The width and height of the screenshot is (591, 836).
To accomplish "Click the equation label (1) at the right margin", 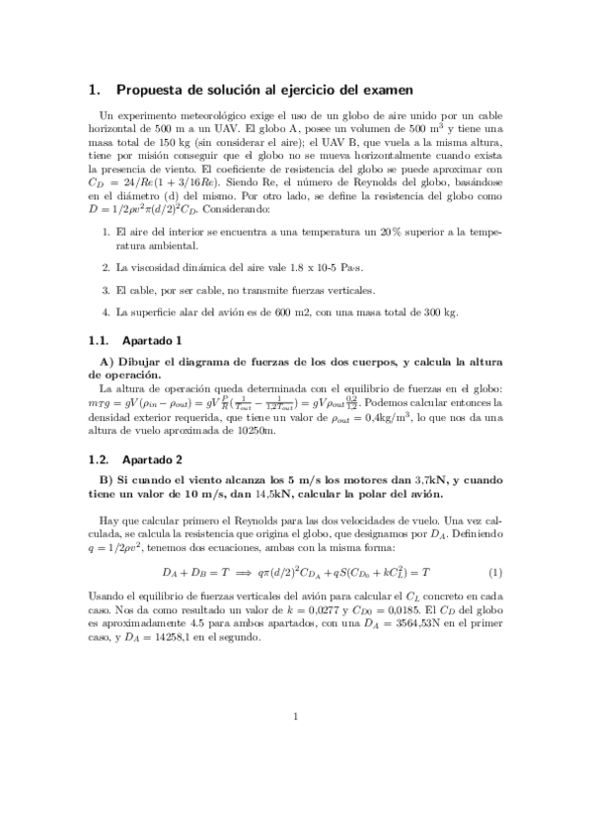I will (495, 571).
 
